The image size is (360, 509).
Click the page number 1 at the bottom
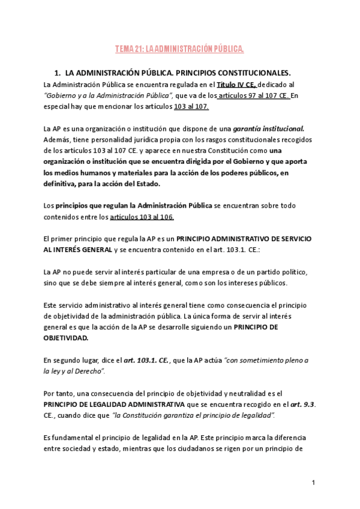point(314,483)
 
